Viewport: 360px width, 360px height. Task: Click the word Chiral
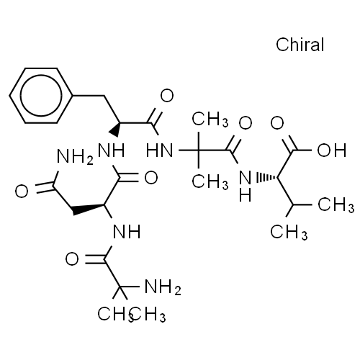point(300,45)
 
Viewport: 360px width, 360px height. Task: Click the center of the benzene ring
point(41,96)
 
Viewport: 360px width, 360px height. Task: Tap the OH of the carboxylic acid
point(332,150)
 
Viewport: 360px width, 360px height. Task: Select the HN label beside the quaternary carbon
point(160,150)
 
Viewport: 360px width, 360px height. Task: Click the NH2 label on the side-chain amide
point(75,157)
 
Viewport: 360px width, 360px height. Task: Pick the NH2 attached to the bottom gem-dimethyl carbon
point(163,287)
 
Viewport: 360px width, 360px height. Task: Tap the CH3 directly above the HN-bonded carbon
point(210,119)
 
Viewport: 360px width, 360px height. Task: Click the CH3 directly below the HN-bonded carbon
point(210,181)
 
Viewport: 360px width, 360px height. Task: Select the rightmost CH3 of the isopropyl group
point(336,204)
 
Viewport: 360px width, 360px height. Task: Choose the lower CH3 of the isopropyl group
point(289,232)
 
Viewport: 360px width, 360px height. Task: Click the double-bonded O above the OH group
point(277,123)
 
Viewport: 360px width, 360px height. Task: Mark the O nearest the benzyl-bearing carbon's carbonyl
point(167,96)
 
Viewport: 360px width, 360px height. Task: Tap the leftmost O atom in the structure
point(22,192)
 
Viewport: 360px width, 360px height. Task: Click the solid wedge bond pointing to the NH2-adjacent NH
point(114,130)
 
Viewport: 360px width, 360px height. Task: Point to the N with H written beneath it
point(246,178)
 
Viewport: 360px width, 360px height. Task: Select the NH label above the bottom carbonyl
point(127,232)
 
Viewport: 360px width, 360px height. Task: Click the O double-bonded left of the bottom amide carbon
point(72,259)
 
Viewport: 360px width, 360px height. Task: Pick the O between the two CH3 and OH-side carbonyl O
point(246,123)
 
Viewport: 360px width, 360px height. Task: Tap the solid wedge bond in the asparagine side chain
point(89,209)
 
